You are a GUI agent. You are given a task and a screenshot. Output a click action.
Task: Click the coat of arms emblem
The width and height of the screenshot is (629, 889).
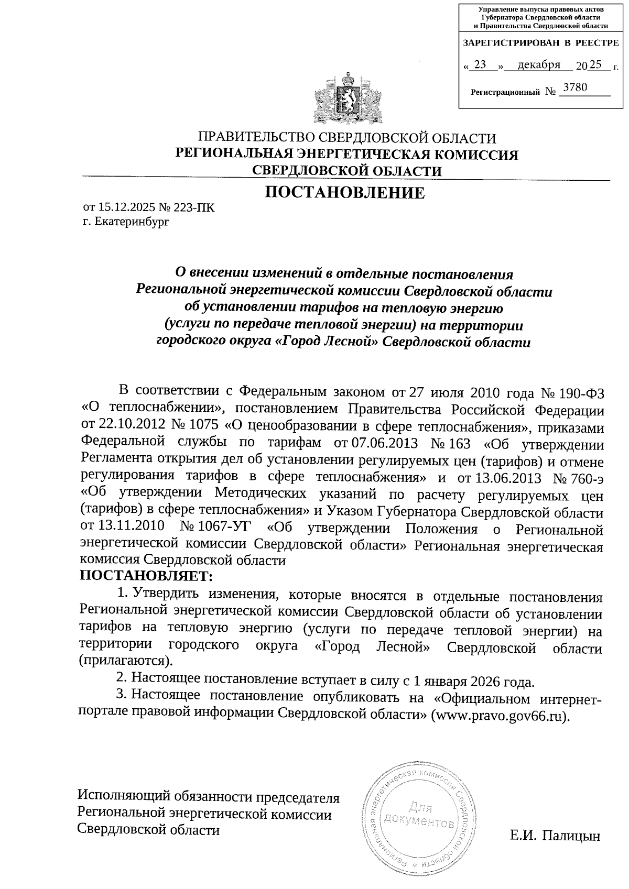[x=346, y=97]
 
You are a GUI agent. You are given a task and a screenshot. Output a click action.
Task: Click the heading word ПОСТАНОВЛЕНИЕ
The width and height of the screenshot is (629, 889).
[x=345, y=193]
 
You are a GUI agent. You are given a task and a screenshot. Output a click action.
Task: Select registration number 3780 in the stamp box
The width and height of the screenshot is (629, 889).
[x=573, y=87]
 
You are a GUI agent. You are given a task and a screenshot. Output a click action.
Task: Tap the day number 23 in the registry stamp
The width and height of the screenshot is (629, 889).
[x=480, y=64]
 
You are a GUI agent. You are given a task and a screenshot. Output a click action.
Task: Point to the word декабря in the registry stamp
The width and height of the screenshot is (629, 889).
[x=538, y=64]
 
